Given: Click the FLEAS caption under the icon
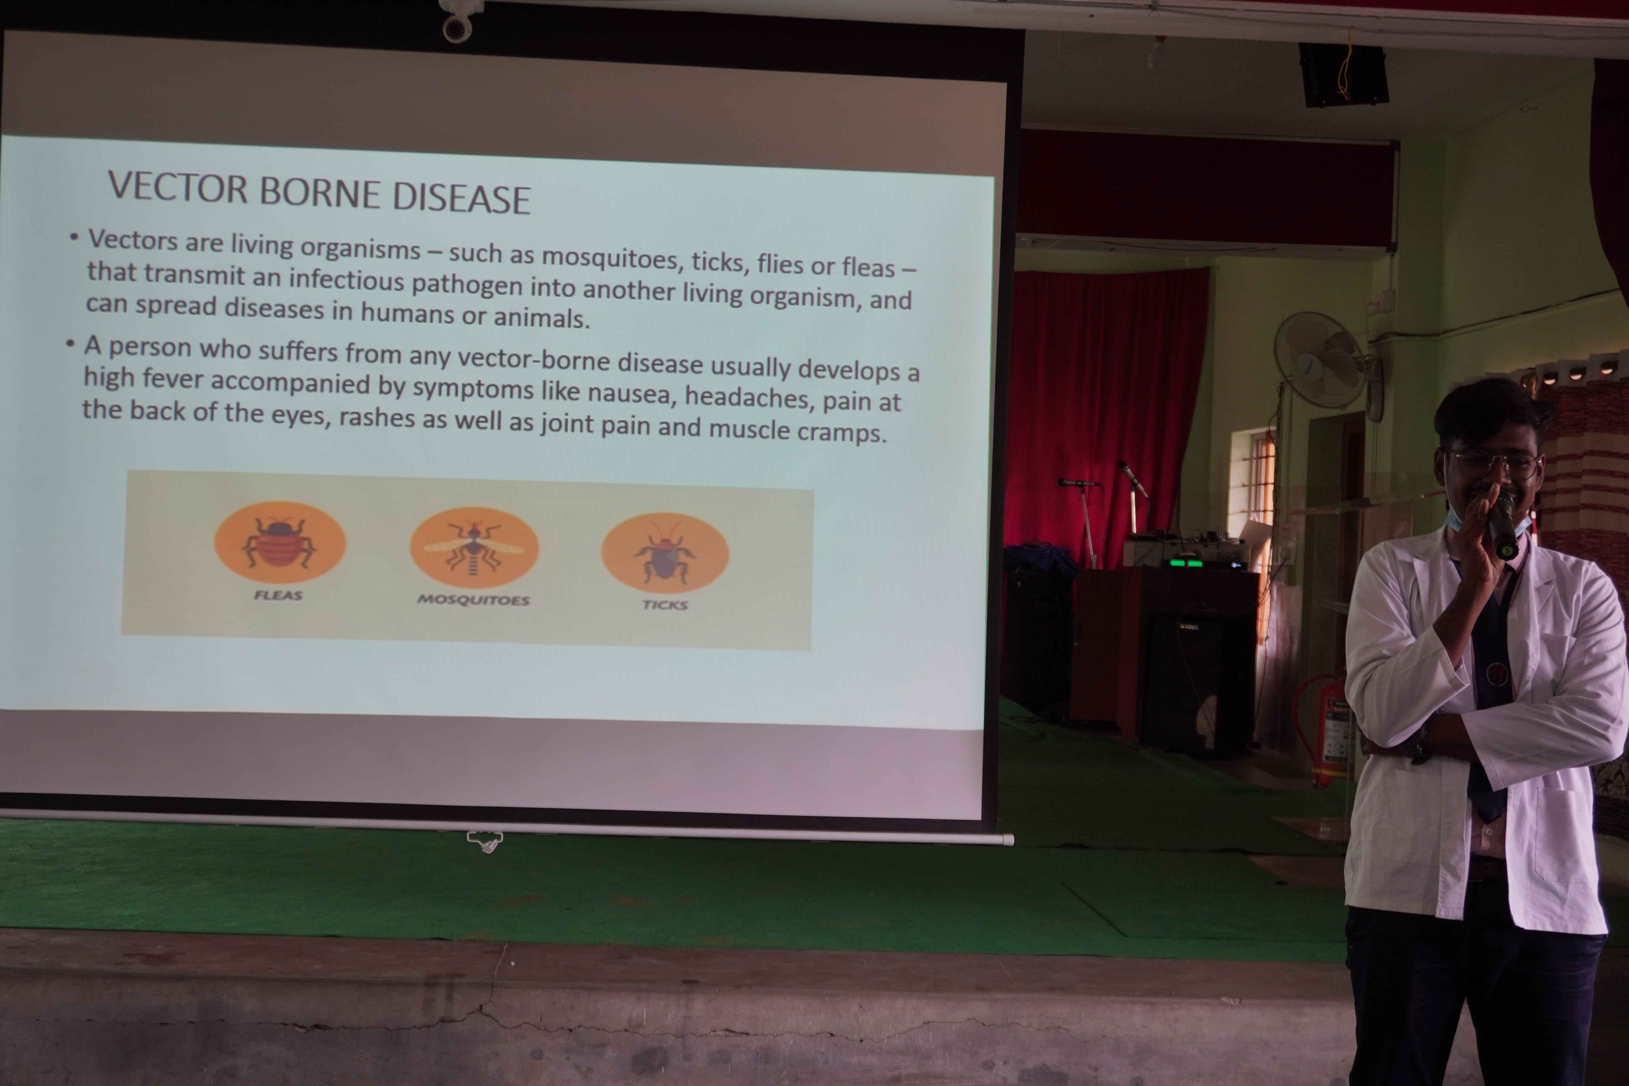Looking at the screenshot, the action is pos(278,595).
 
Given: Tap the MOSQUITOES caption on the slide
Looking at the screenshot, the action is pos(473,600).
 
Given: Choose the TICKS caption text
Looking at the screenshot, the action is pos(665,605).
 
